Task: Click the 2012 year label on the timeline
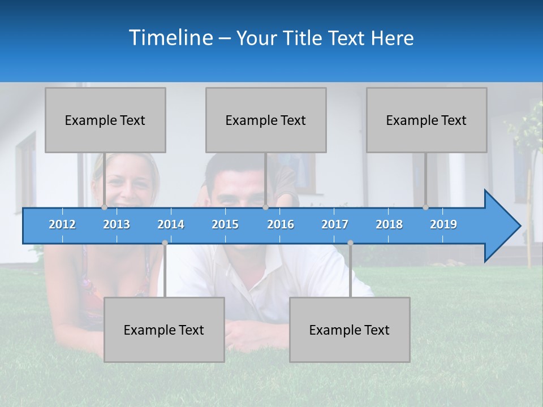point(62,224)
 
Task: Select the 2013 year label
point(117,224)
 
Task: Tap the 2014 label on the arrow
point(171,224)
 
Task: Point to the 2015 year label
point(225,224)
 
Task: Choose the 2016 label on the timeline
point(281,224)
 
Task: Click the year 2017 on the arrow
point(335,224)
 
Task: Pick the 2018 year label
point(389,224)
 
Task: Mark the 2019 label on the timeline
point(443,224)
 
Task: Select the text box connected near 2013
point(105,120)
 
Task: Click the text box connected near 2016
point(266,120)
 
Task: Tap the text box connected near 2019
point(426,120)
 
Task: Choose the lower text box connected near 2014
point(164,330)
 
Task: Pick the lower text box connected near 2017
point(350,330)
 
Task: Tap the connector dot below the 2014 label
point(165,243)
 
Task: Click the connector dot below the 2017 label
point(350,243)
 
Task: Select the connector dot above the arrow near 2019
point(426,207)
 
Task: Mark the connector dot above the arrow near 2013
point(105,207)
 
